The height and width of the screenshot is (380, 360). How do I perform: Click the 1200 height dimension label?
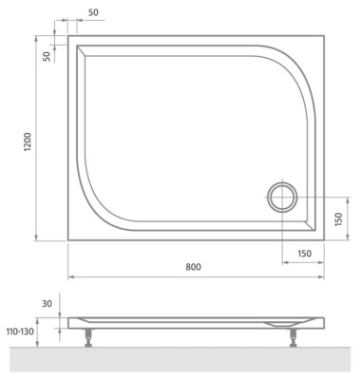[28, 142]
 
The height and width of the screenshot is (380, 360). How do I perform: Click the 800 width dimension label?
[193, 267]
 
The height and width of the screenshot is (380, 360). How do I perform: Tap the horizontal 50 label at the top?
[93, 12]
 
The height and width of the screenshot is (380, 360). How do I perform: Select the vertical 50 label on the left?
[47, 56]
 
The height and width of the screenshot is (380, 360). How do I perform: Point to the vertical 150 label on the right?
[338, 219]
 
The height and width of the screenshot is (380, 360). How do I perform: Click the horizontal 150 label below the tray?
[304, 254]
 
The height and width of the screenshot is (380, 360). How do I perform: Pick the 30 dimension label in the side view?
[47, 304]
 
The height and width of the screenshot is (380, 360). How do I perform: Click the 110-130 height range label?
[20, 332]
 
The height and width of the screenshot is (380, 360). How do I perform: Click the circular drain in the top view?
[282, 197]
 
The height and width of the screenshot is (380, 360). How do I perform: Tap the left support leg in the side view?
[88, 337]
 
